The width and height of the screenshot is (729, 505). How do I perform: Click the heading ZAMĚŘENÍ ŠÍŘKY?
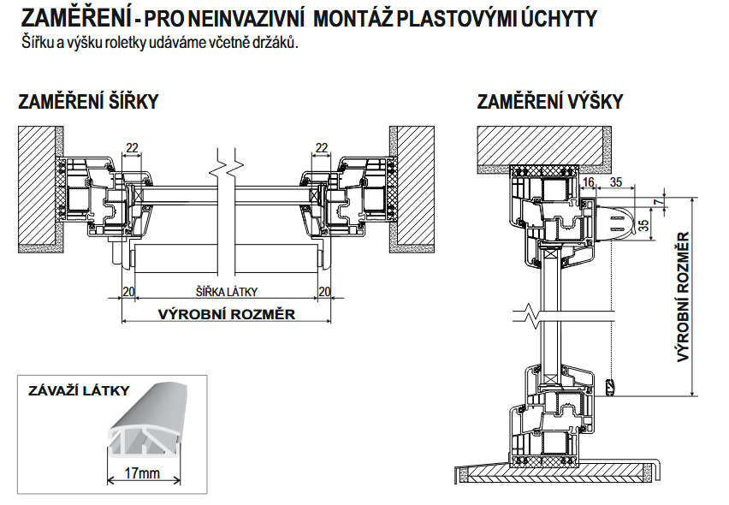(x=88, y=103)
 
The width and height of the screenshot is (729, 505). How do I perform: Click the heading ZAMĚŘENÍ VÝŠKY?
(x=550, y=103)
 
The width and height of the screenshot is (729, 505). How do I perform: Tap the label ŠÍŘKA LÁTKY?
(x=227, y=292)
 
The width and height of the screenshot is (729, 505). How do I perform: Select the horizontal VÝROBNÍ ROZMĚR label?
(x=227, y=314)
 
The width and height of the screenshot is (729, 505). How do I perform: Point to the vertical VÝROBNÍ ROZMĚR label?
(x=684, y=296)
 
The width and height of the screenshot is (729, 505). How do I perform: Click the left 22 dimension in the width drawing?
(x=132, y=148)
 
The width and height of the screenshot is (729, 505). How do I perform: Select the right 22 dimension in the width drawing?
(x=322, y=148)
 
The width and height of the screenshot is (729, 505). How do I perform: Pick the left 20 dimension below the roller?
(x=128, y=292)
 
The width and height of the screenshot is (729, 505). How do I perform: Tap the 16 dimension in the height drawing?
(x=587, y=181)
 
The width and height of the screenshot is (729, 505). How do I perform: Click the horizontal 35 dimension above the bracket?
(x=616, y=181)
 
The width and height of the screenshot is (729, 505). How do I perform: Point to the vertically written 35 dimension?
(x=644, y=226)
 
